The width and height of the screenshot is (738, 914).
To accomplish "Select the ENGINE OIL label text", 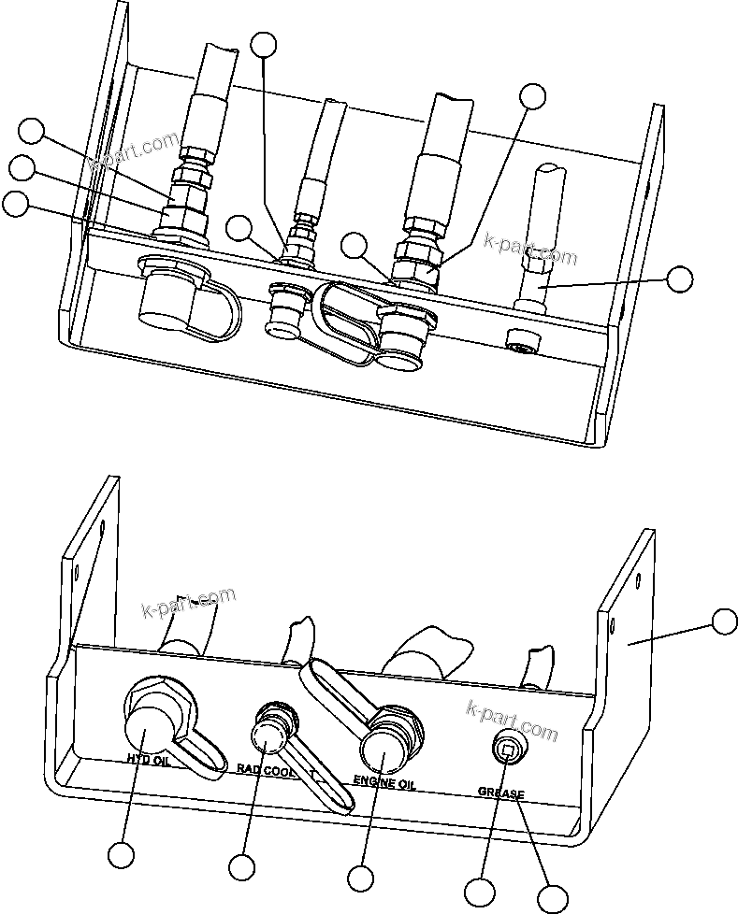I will coord(384,784).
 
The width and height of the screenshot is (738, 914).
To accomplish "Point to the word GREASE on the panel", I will coord(501,793).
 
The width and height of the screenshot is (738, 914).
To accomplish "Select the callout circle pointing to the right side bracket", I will coord(724,621).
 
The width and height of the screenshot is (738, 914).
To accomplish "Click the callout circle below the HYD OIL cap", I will coord(121,854).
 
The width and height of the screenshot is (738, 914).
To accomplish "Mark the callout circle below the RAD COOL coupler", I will coord(241,867).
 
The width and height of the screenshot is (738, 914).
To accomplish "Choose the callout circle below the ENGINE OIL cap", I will coord(359,878).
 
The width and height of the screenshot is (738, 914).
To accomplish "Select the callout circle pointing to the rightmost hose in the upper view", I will coord(679,278).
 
